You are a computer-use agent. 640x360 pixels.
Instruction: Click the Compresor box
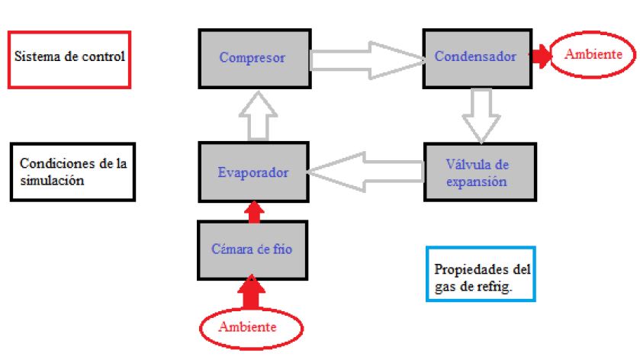pos(252,57)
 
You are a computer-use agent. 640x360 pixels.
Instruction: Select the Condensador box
pos(475,57)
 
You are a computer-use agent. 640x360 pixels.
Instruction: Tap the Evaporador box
pos(252,172)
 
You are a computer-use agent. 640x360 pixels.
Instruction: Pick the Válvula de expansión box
pos(475,172)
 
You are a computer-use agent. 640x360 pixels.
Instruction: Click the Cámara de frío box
pos(252,249)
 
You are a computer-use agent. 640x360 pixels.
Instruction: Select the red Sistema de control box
pos(69,58)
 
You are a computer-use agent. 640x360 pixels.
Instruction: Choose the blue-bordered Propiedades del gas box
pos(482,273)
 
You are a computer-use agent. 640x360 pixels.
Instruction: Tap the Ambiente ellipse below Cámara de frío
pos(251,327)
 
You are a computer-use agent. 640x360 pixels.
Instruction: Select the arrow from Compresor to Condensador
pos(366,58)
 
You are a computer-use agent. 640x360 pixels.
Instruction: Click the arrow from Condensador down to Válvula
pos(480,114)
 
